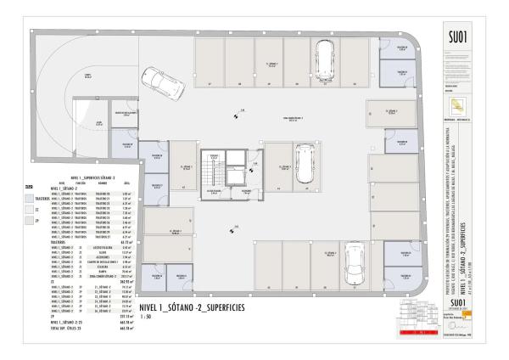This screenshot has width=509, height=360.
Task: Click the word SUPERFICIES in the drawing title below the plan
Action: coord(225,306)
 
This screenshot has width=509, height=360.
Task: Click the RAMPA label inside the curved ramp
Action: coord(87,75)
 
